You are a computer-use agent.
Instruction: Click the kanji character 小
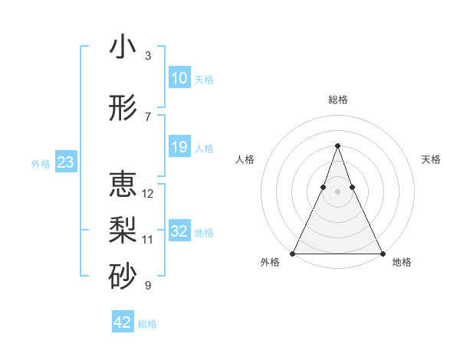[x=123, y=47]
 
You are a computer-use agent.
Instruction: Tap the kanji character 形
[x=123, y=109]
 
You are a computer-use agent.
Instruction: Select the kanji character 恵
[x=123, y=185]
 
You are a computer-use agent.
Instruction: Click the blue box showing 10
[x=179, y=78]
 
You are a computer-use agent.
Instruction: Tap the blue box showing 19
[x=179, y=147]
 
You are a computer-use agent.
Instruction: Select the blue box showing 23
[x=65, y=162]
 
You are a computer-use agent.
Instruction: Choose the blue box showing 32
[x=179, y=231]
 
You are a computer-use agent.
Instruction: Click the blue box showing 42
[x=122, y=322]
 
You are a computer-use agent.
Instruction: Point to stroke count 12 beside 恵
[x=148, y=194]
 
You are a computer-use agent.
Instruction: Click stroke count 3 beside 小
[x=148, y=56]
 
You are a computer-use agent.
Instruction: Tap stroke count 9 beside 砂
[x=148, y=286]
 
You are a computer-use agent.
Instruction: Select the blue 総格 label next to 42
[x=147, y=324]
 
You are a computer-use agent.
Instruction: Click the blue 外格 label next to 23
[x=41, y=163]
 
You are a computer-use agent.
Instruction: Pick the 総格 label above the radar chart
[x=337, y=100]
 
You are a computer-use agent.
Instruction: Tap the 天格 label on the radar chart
[x=431, y=159]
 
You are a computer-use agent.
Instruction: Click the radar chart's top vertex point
[x=337, y=146]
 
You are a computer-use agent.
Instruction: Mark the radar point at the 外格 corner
[x=293, y=253]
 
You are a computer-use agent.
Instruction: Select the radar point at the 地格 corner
[x=382, y=253]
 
